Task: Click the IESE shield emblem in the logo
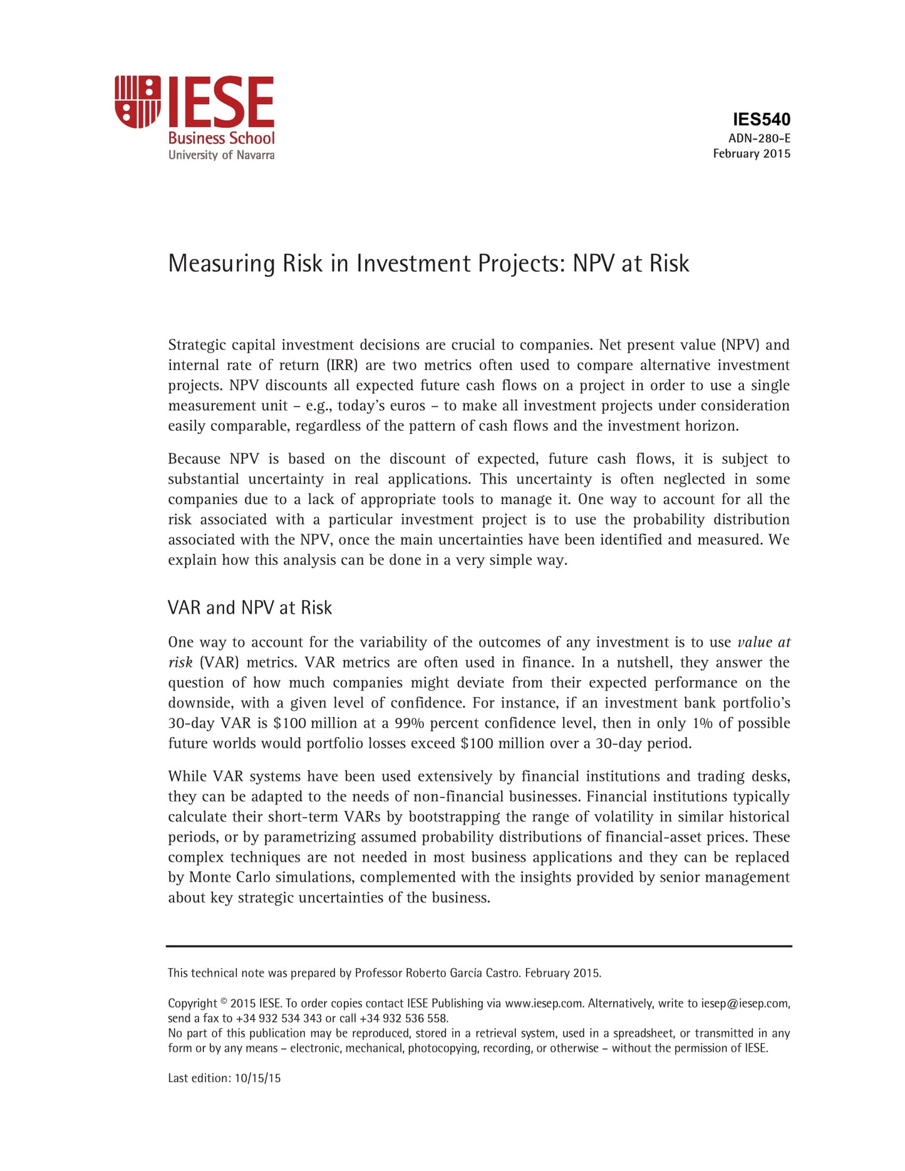[x=138, y=101]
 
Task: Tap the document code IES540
[x=761, y=120]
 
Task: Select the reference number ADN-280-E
[x=759, y=138]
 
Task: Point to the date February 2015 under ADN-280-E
[x=752, y=154]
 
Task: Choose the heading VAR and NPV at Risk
[x=249, y=608]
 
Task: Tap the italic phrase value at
[x=763, y=642]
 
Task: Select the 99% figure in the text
[x=410, y=723]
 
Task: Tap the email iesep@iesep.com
[x=745, y=1003]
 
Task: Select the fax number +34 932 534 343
[x=279, y=1018]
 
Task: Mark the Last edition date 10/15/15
[x=257, y=1078]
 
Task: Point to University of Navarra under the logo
[x=221, y=155]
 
